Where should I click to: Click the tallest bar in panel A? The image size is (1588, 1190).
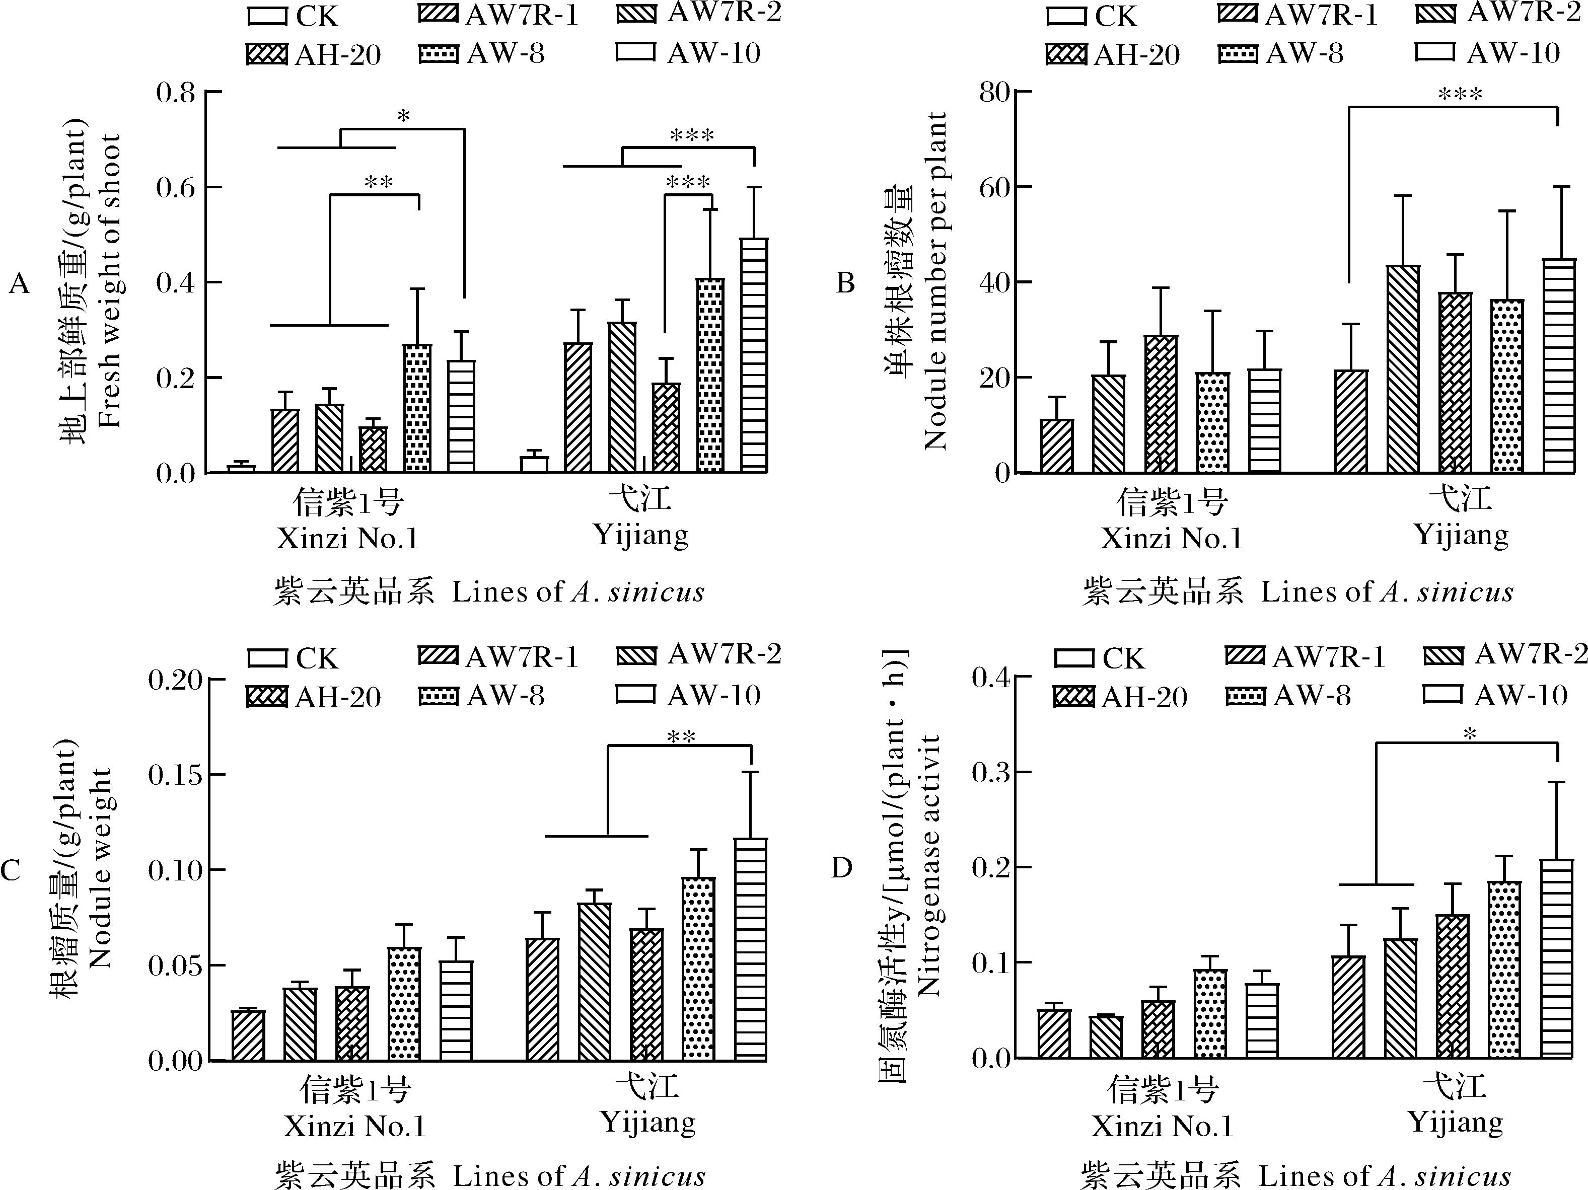click(754, 355)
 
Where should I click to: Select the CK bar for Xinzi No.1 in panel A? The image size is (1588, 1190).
click(241, 469)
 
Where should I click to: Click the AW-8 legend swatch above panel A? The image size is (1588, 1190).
click(438, 54)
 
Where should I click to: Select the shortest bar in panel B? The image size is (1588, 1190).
click(1057, 445)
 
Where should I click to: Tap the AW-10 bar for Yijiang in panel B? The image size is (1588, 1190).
click(1559, 365)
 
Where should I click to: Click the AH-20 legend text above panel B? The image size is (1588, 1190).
click(1137, 55)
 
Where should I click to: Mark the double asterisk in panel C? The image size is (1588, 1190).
click(681, 737)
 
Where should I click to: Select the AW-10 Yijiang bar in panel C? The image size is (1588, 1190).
click(751, 949)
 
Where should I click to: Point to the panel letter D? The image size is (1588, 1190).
click(841, 868)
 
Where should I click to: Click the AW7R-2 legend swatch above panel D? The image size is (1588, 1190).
click(1443, 655)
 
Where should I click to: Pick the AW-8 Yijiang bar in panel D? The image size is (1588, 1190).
click(1505, 969)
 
